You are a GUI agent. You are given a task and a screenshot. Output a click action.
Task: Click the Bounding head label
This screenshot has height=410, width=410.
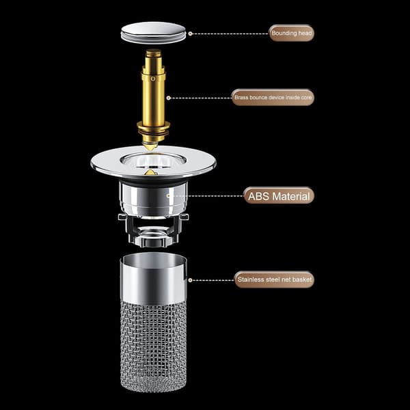pyautogui.click(x=291, y=33)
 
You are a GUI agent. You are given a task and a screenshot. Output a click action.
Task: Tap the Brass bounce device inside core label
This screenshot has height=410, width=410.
pyautogui.click(x=273, y=98)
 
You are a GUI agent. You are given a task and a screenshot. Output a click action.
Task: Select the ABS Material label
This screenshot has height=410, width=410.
pyautogui.click(x=279, y=196)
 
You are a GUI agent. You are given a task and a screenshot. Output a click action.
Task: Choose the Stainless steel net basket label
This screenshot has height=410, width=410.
pyautogui.click(x=274, y=279)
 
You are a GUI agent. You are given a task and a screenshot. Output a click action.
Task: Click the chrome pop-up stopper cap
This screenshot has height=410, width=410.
pyautogui.click(x=153, y=32)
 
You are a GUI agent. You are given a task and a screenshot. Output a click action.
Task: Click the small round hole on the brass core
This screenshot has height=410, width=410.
pyautogui.click(x=153, y=79)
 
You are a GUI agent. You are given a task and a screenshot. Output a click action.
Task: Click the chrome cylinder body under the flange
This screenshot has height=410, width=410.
pyautogui.click(x=154, y=200)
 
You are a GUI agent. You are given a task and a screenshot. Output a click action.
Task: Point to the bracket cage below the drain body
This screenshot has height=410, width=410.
pyautogui.click(x=153, y=230)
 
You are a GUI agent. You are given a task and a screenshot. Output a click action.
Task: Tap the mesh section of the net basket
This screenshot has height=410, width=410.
pyautogui.click(x=154, y=346)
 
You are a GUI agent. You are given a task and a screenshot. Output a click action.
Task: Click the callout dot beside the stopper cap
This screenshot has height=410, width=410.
pyautogui.click(x=191, y=33)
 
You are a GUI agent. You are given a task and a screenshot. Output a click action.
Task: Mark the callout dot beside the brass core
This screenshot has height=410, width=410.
pyautogui.click(x=169, y=98)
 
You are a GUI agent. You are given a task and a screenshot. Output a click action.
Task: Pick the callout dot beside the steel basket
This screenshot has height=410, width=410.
pyautogui.click(x=190, y=280)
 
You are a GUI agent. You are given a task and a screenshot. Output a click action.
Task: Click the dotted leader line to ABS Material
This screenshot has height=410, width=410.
pyautogui.click(x=206, y=196)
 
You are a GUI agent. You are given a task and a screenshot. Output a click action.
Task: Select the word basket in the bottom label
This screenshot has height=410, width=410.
pyautogui.click(x=302, y=279)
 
